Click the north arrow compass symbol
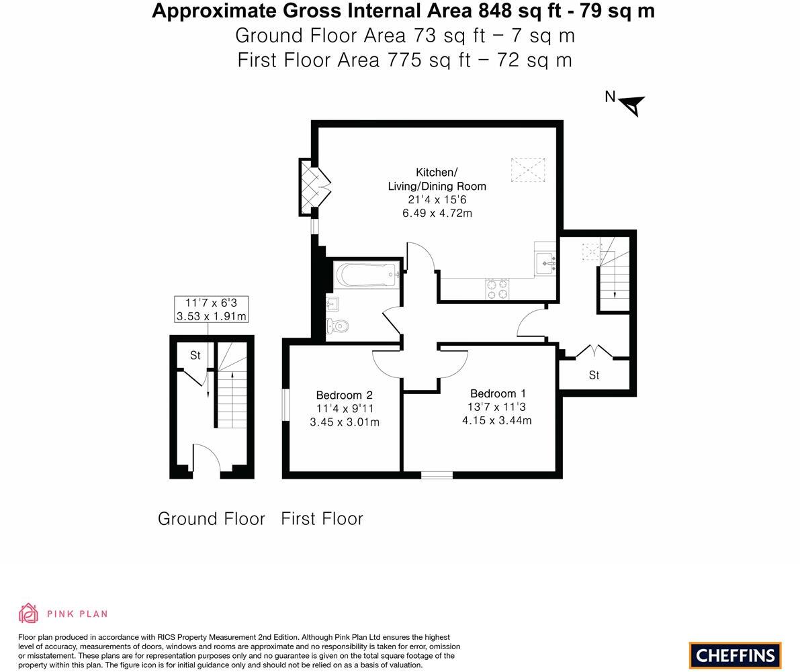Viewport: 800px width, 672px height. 631,105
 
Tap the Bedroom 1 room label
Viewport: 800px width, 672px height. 498,394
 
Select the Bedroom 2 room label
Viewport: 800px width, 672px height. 344,395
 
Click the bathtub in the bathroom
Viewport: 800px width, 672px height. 366,275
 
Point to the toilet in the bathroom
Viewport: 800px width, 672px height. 338,327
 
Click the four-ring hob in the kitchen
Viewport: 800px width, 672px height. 497,289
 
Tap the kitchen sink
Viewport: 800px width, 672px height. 545,260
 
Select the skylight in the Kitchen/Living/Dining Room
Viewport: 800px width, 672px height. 528,170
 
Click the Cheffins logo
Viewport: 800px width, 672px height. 735,655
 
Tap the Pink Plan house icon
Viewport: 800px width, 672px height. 28,613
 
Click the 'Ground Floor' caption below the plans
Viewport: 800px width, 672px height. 211,519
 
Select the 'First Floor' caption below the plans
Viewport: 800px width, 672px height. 322,519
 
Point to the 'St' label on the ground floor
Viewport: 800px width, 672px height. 195,356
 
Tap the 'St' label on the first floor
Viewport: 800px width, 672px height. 594,375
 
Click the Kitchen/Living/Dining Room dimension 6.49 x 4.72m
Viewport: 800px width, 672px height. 437,213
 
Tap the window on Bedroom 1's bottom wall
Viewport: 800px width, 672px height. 437,475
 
